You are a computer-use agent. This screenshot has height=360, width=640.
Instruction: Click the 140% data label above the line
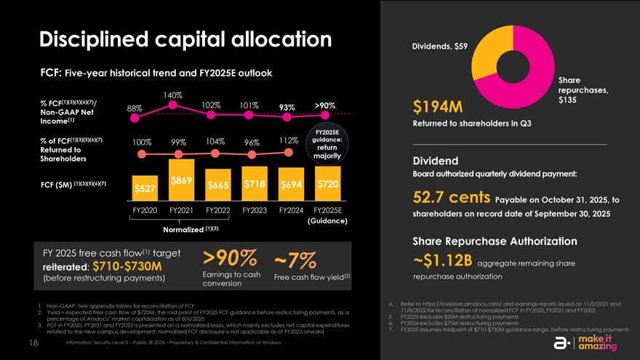(x=172, y=95)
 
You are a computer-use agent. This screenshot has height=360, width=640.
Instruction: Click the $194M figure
(x=438, y=108)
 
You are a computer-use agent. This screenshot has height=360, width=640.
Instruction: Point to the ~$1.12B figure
(x=443, y=260)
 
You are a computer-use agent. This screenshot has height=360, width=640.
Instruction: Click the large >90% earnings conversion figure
(x=229, y=258)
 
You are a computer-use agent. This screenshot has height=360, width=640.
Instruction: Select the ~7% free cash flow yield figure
(x=295, y=260)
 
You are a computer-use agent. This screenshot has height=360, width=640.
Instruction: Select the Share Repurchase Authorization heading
(x=495, y=241)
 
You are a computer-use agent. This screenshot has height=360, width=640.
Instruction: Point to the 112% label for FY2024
(x=289, y=141)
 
